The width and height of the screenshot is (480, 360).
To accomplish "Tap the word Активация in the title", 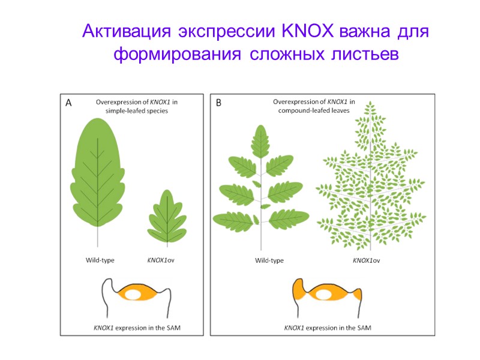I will click(122, 31).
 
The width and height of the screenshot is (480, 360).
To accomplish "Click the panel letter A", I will click(68, 103).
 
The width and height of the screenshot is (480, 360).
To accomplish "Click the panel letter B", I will click(218, 103).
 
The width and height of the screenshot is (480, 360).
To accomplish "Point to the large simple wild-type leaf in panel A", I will click(97, 174).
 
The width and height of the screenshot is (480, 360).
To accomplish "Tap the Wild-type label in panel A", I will click(100, 260).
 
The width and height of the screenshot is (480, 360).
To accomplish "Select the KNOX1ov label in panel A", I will click(161, 260).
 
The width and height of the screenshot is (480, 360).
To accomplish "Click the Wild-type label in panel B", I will click(269, 260).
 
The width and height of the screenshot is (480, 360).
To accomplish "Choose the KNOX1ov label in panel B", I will click(367, 260).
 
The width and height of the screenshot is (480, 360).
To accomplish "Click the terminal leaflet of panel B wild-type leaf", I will click(260, 142).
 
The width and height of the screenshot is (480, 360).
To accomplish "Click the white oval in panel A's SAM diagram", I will click(134, 295).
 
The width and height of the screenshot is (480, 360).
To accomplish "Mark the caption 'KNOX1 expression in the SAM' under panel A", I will click(136, 328).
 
